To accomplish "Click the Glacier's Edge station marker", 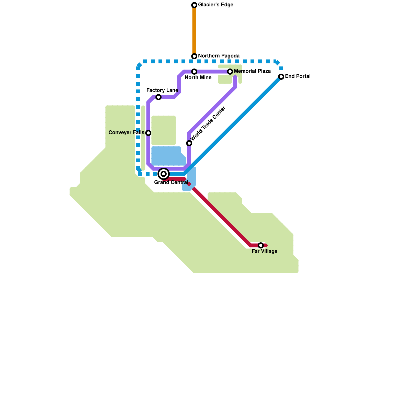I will point(194,5).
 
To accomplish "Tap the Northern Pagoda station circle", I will point(194,56).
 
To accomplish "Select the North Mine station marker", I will point(194,72).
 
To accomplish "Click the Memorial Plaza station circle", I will point(230,72).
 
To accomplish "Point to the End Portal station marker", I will point(281,77).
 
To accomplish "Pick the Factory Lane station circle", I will point(158,97).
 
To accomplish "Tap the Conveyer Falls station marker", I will point(148,133).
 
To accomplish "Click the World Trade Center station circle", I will point(189,143).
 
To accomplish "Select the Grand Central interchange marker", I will point(164,174).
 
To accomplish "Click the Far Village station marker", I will point(261,245).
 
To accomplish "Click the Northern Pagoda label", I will point(219,56).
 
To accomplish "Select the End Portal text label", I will point(298,76).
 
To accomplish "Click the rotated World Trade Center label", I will point(208,123).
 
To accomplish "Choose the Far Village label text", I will point(264,252).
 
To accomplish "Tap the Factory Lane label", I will point(162,90).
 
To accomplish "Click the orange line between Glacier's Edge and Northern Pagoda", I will point(194,31).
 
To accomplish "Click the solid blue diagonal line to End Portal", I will point(233,125).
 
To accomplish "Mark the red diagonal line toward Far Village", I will point(220,215).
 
